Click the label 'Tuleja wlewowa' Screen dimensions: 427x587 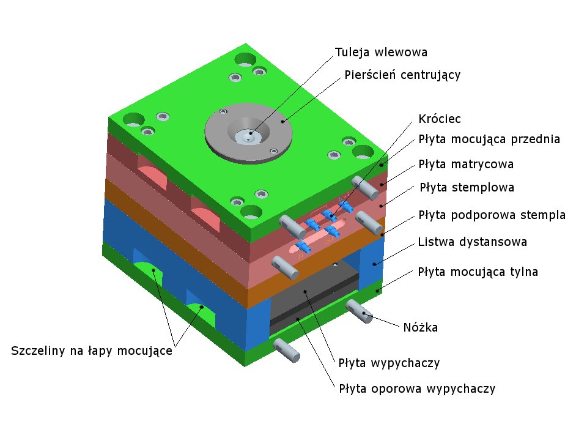pos(381,52)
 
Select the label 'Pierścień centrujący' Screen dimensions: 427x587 pos(402,75)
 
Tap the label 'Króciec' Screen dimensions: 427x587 pos(439,118)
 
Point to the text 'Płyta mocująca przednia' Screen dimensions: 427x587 pos(489,139)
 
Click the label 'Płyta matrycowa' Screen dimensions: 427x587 pos(465,164)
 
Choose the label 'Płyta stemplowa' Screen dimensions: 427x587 pos(466,187)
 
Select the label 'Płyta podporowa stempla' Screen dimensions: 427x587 pos(492,215)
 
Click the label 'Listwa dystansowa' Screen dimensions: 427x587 pos(473,242)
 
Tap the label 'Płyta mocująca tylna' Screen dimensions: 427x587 pos(478,272)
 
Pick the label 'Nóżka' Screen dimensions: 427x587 pos(421,327)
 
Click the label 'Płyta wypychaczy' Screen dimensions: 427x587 pos(389,363)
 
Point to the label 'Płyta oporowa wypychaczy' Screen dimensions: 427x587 pos(417,388)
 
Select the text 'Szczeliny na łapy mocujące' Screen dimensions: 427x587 pos(92,351)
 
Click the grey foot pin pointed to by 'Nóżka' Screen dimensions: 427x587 pos(360,310)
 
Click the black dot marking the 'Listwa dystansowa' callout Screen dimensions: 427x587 pos(374,264)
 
